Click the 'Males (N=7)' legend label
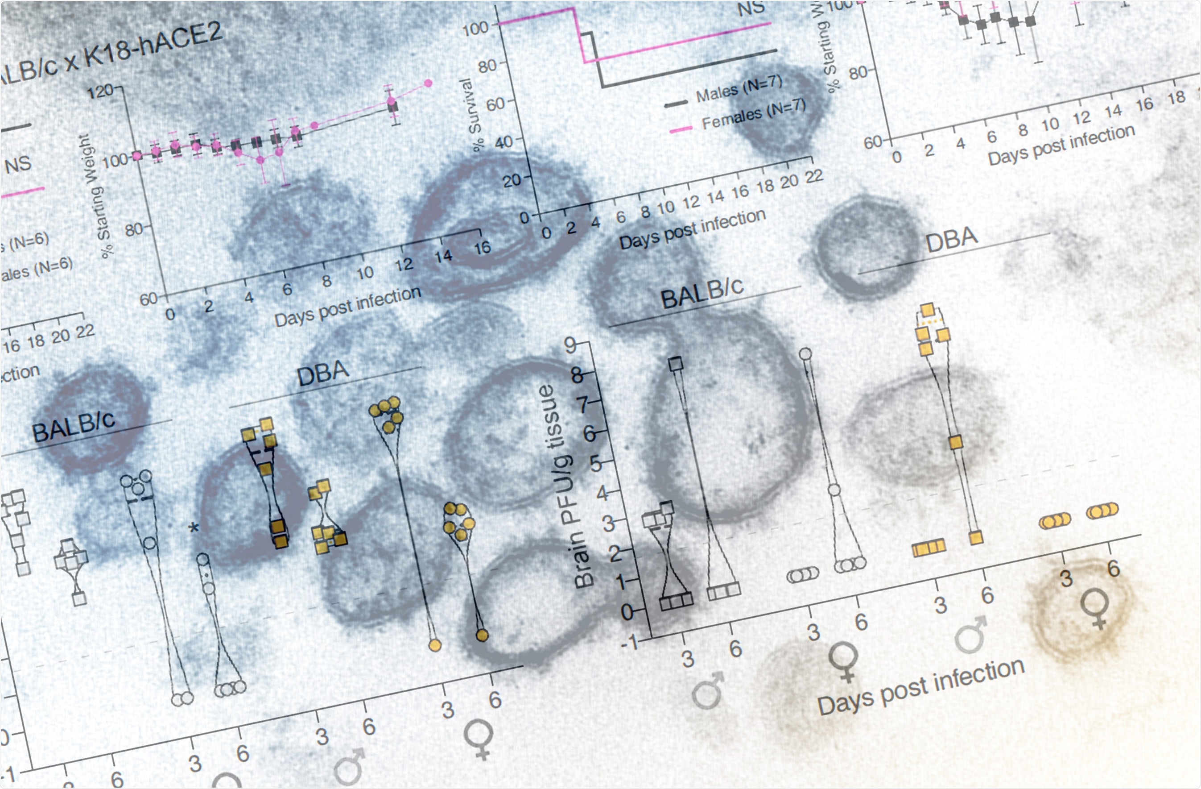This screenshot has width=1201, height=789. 739,89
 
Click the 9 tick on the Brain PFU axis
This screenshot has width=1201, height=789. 570,346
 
